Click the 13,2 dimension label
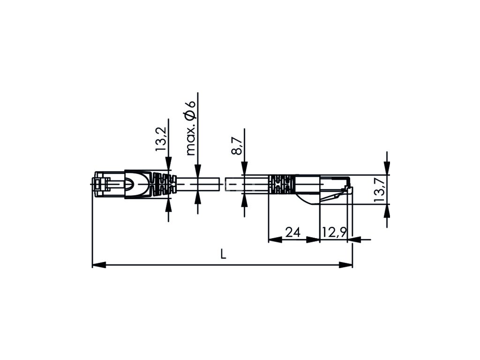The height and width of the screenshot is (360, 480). [x=161, y=139]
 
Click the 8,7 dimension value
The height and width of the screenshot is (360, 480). [x=237, y=146]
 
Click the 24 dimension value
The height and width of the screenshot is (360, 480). [x=292, y=232]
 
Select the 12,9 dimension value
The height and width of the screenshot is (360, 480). [x=334, y=233]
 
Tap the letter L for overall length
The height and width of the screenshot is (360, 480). [x=224, y=254]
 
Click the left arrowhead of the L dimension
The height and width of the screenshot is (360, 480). [x=99, y=264]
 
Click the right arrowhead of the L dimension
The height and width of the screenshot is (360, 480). [x=346, y=264]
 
